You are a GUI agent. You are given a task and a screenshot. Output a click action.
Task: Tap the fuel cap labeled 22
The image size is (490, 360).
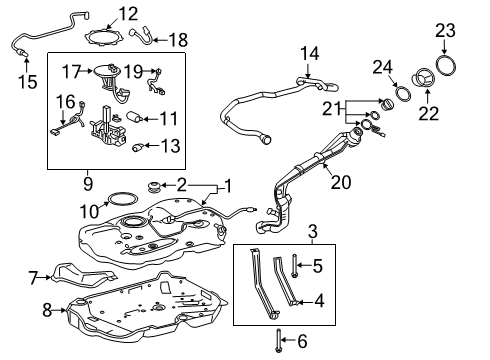(x=422, y=76)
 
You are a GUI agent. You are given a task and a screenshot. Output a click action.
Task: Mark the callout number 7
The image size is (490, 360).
(x=33, y=275)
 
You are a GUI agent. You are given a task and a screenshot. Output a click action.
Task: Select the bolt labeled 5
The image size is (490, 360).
(x=294, y=267)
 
